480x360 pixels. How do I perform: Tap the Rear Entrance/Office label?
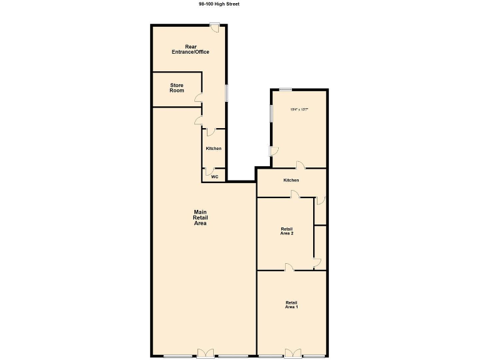coord(190,49)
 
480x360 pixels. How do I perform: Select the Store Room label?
coord(177,88)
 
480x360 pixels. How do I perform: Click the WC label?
coord(214,177)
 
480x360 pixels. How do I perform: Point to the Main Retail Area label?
coord(200,217)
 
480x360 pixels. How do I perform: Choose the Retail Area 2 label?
coord(287,231)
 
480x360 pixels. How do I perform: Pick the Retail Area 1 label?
coord(291,304)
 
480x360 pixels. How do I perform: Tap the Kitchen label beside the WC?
coord(214,148)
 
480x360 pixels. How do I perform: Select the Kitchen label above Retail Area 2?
coord(291,180)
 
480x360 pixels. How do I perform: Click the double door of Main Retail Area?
coord(205,353)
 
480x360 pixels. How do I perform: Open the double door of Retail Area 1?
coord(292,353)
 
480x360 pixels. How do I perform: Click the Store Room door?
coord(198,97)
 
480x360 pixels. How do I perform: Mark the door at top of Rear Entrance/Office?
coord(214,26)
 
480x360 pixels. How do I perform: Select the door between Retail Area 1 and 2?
coord(289,267)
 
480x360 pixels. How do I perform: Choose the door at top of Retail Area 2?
coord(294,195)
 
